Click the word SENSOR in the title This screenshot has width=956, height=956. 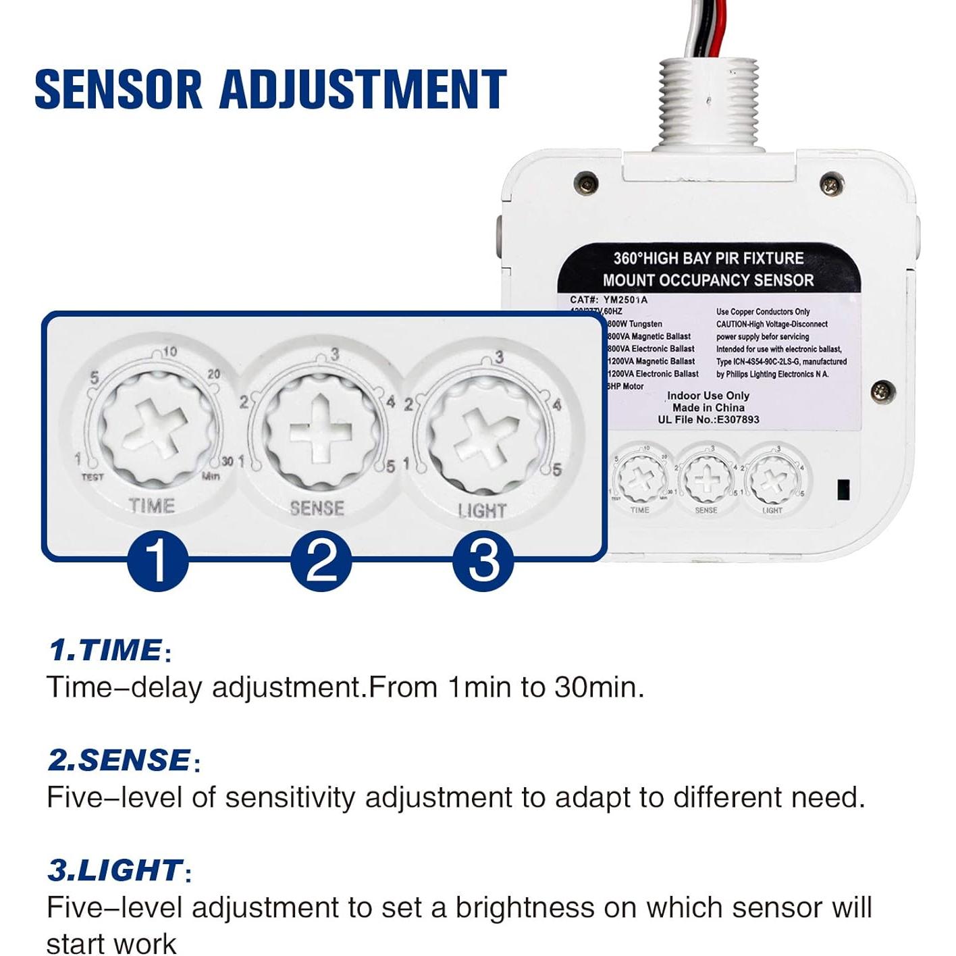pyautogui.click(x=118, y=89)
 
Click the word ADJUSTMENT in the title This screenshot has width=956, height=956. pyautogui.click(x=363, y=89)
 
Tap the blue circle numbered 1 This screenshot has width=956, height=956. pyautogui.click(x=157, y=560)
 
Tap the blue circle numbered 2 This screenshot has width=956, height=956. pyautogui.click(x=321, y=560)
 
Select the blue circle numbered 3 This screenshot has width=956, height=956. pyautogui.click(x=483, y=560)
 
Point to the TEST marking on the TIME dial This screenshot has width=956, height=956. pyautogui.click(x=92, y=477)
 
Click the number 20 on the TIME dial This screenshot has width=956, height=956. pyautogui.click(x=213, y=374)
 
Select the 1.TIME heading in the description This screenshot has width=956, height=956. pyautogui.click(x=106, y=650)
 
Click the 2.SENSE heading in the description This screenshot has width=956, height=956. pyautogui.click(x=120, y=760)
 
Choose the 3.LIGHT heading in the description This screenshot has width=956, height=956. pyautogui.click(x=115, y=870)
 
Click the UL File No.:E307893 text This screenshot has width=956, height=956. pyautogui.click(x=708, y=419)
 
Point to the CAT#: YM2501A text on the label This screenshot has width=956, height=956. pyautogui.click(x=608, y=300)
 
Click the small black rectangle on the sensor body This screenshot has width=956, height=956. pyautogui.click(x=843, y=489)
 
